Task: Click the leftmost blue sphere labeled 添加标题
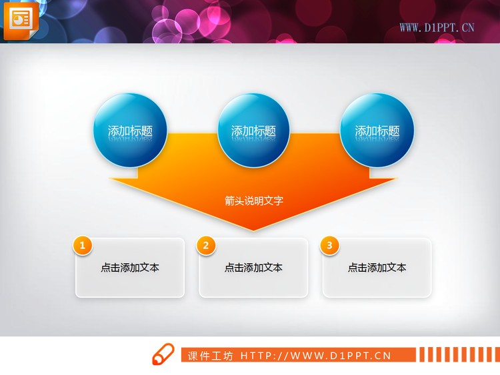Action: (x=129, y=131)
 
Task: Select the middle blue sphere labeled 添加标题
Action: (x=253, y=131)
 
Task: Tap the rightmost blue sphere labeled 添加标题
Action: (x=377, y=131)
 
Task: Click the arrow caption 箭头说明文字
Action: (x=254, y=200)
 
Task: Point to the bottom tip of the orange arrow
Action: (x=253, y=230)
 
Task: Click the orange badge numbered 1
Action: (x=82, y=246)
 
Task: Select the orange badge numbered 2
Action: (x=206, y=246)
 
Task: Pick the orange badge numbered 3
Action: (x=329, y=246)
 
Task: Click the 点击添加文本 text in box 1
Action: (x=130, y=268)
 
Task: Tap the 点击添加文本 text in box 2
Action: (x=253, y=268)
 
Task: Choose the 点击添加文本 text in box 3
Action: (x=377, y=268)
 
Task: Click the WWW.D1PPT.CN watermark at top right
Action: (x=437, y=27)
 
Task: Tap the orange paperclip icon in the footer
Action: (x=162, y=355)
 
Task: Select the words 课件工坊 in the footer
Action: (x=211, y=356)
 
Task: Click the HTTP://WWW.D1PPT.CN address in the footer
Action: (x=315, y=356)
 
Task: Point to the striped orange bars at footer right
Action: (x=459, y=354)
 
